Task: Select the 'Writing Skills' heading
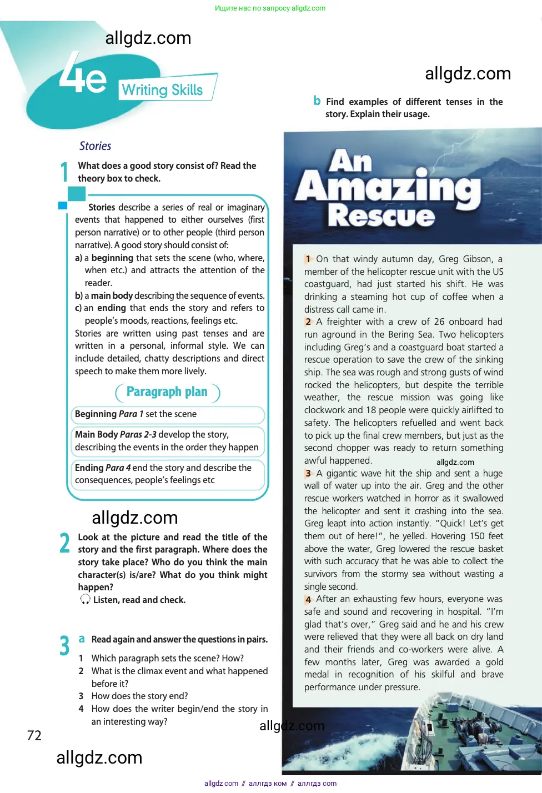coord(162,90)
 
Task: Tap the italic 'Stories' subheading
coord(95,146)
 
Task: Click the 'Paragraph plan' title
coord(167,392)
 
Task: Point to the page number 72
coord(34,735)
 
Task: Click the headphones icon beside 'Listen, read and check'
coord(85,599)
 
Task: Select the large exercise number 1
coord(64,172)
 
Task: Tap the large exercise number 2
coord(64,543)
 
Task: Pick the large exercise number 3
coord(64,645)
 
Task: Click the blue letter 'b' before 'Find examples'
coord(317,101)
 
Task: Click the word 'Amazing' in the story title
coord(388,187)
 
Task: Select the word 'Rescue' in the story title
coord(381,215)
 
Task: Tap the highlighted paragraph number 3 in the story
coord(308,474)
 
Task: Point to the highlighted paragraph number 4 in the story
coord(308,600)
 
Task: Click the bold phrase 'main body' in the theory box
coord(112,295)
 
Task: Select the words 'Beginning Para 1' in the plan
coord(109,414)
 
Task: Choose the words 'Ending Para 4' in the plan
coord(103,468)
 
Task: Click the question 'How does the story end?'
coord(139,696)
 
